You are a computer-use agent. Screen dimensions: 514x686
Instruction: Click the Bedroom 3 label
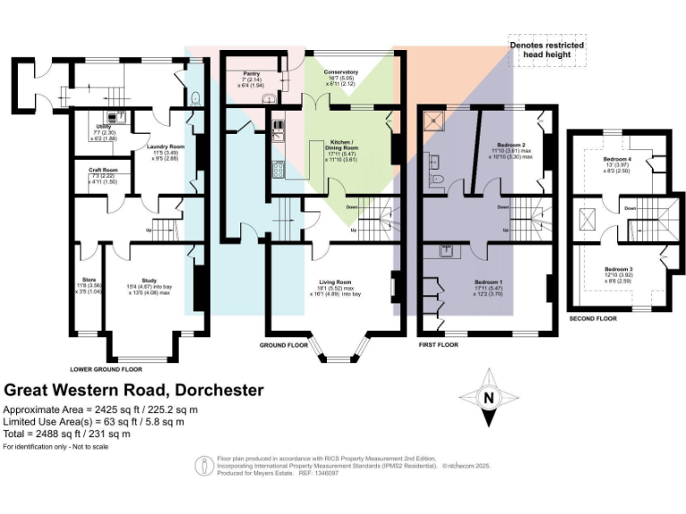[618, 269]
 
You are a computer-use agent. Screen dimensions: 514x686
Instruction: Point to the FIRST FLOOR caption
[439, 344]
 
